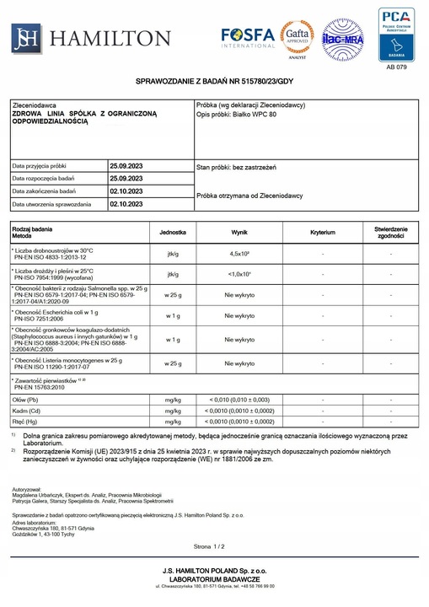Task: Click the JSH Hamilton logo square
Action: (25, 37)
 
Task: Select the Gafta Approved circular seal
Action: (297, 37)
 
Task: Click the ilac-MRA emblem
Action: (342, 39)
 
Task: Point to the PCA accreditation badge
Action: (396, 32)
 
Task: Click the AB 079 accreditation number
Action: (396, 65)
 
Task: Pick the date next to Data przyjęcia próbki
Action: (126, 165)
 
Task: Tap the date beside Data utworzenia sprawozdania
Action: (126, 203)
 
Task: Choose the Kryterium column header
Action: (323, 231)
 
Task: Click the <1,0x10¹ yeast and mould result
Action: (239, 274)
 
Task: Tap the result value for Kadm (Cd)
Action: (239, 410)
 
